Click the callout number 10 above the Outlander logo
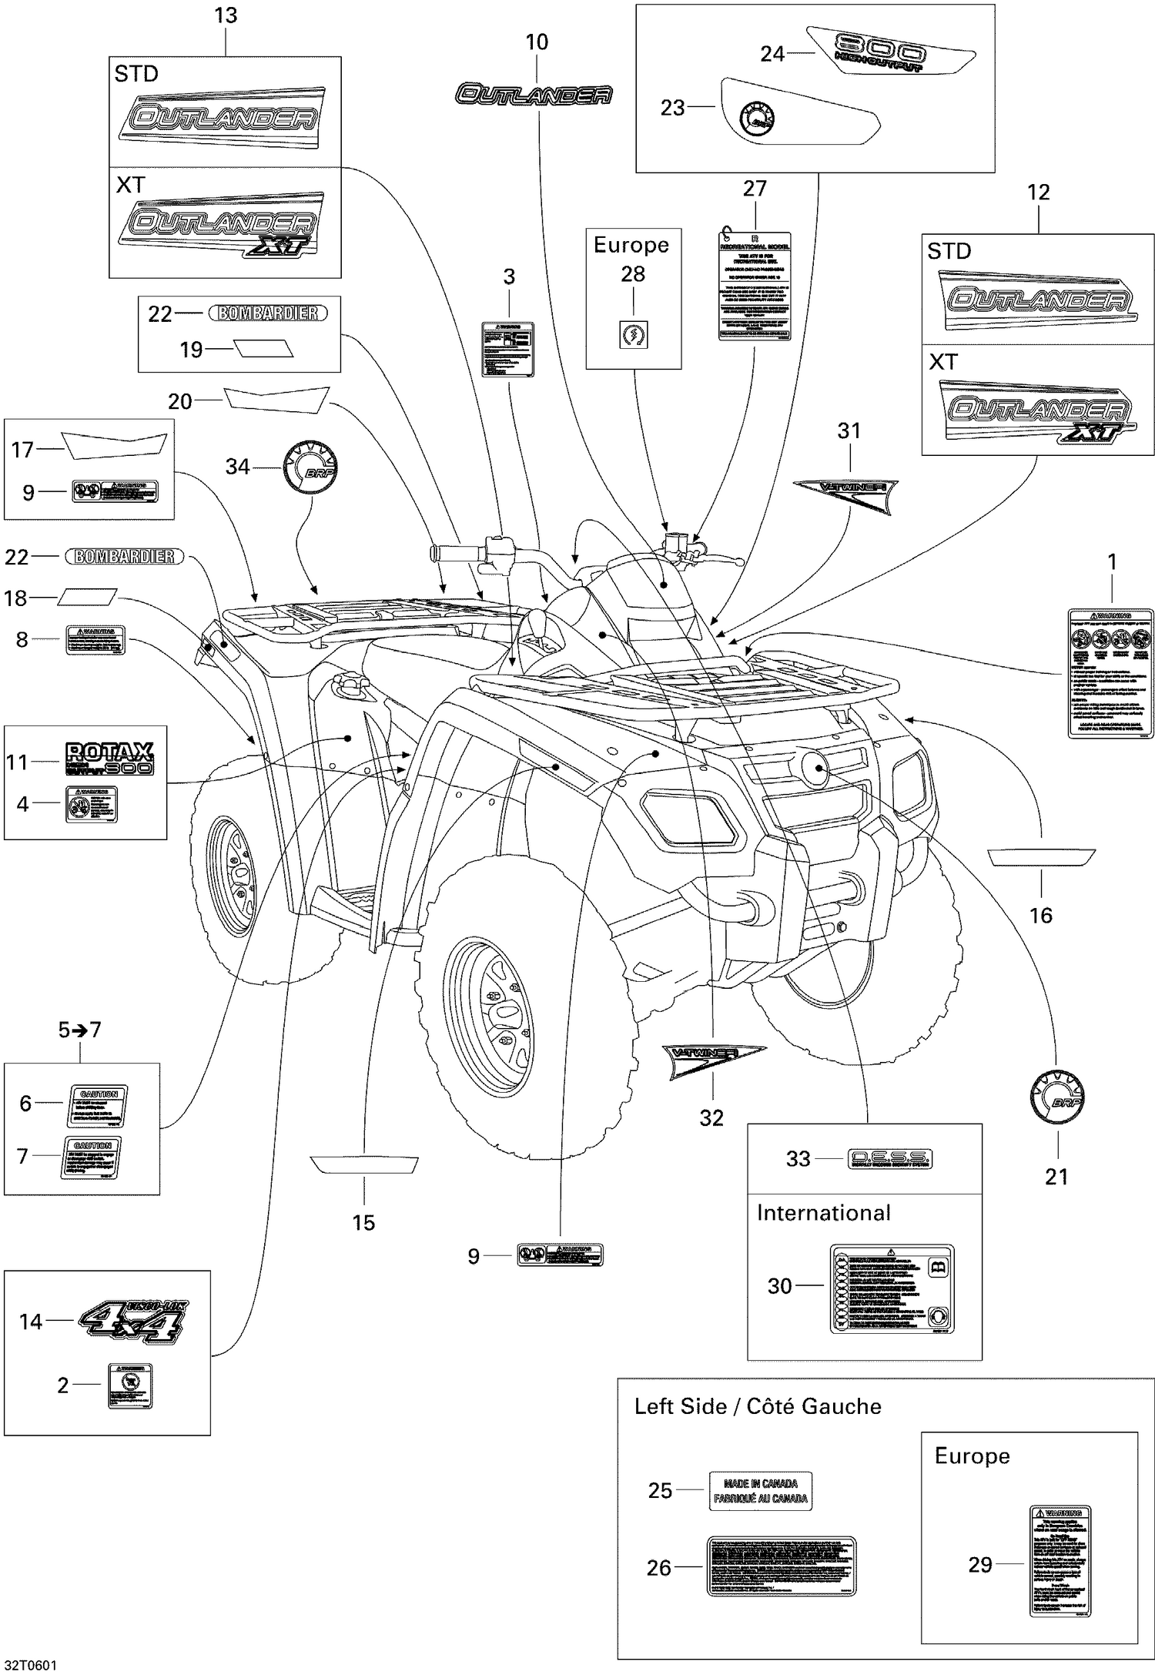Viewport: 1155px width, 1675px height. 537,42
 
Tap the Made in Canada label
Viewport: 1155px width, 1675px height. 760,1491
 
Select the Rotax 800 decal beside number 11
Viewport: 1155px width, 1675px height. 109,759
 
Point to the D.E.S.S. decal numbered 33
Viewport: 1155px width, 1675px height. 889,1158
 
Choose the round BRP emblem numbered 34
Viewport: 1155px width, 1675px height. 311,467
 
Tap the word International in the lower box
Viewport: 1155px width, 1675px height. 823,1213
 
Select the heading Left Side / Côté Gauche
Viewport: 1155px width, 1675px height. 758,1406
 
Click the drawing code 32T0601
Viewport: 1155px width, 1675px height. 28,1665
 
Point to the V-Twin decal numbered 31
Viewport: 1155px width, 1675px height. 845,493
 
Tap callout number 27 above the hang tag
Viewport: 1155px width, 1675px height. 755,189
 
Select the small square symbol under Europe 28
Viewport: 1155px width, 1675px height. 633,335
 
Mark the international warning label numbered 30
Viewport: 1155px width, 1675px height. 891,1288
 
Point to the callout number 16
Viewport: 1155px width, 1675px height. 1041,915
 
